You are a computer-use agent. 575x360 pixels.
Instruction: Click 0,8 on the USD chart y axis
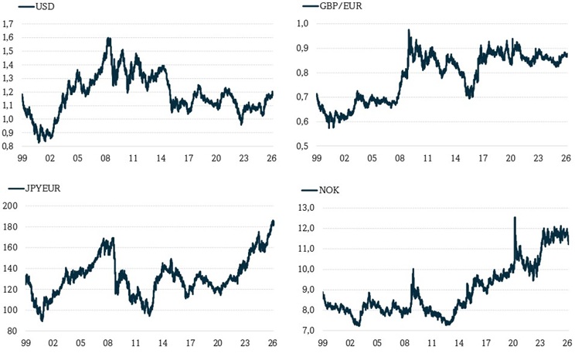pos(9,145)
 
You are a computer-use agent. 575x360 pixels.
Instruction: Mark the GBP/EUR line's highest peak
pos(409,30)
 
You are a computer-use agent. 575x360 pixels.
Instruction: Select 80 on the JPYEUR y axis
pos(12,331)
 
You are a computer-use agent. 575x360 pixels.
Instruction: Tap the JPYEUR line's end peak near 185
pos(273,222)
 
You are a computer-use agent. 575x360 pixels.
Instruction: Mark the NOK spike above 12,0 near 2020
pos(515,218)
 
